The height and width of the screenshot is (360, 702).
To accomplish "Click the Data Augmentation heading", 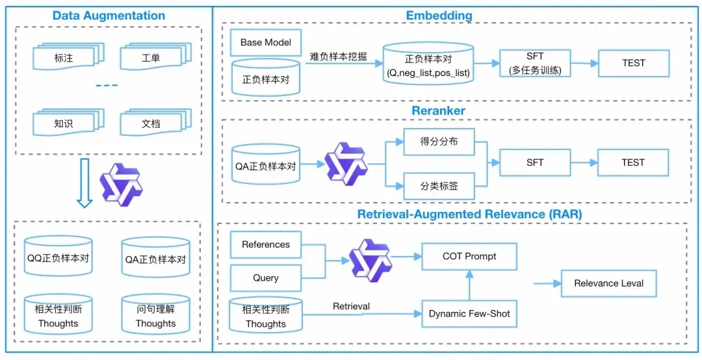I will (x=109, y=16).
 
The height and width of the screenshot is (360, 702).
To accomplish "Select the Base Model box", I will (x=265, y=43).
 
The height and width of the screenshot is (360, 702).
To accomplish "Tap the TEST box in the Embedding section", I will (x=633, y=63).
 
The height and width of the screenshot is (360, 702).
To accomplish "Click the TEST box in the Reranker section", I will (x=632, y=162).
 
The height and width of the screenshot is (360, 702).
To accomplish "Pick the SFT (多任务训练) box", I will (x=535, y=63).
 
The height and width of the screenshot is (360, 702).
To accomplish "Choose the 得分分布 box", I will (x=439, y=142).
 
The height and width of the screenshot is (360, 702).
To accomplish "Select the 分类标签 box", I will (x=439, y=186).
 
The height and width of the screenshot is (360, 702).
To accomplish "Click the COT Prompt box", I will (x=469, y=257).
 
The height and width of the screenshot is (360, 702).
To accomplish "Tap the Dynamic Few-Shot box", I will (x=469, y=314).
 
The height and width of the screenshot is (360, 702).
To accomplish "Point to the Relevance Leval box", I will (x=608, y=283).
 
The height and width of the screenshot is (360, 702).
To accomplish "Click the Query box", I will (x=265, y=278).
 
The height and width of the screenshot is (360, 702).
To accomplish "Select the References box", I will (x=265, y=245).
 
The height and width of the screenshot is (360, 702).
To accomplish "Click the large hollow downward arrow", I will (x=85, y=185).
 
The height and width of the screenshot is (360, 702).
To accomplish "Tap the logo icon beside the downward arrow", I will (x=121, y=185).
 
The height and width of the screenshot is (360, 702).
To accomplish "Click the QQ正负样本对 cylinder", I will (x=58, y=258).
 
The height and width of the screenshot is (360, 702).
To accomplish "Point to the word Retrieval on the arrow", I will (x=351, y=307).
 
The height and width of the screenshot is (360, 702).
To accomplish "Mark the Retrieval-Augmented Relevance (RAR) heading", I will (x=469, y=214).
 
